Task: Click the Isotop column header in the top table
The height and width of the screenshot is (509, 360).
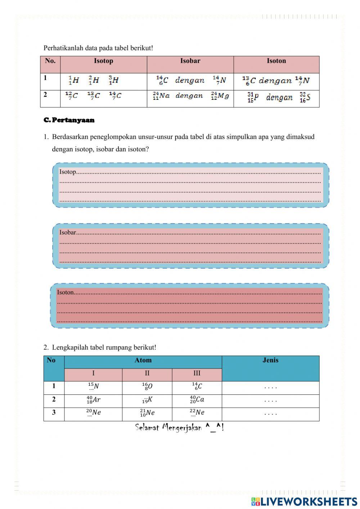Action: (104, 61)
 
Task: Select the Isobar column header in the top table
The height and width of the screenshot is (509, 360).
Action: (190, 61)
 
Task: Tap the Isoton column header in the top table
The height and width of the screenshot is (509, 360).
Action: (276, 61)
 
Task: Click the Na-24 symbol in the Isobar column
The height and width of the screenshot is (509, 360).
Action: (161, 96)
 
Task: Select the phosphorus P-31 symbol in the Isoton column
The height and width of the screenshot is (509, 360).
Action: (253, 97)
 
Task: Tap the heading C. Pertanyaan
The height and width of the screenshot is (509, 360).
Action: (69, 120)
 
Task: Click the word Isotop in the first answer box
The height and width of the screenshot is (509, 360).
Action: (68, 172)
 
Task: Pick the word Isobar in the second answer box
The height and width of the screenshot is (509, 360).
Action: (68, 232)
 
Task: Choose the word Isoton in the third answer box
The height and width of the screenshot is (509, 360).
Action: (66, 292)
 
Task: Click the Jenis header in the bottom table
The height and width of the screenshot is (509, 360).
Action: (270, 360)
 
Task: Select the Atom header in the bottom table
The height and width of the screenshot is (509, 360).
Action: (143, 360)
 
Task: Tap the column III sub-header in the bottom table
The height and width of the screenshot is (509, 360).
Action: (197, 374)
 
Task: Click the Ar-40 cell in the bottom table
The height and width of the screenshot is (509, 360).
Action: (93, 400)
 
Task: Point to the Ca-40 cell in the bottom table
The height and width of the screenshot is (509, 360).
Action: (197, 400)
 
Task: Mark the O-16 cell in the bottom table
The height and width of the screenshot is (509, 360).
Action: (147, 387)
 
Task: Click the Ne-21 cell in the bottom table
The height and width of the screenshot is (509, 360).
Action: (147, 413)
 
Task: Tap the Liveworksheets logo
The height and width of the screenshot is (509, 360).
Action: (304, 501)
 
